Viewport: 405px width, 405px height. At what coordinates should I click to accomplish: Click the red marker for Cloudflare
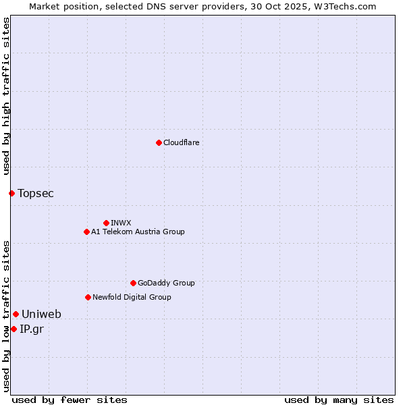click(x=159, y=142)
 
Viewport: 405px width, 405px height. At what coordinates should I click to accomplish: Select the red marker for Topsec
click(x=11, y=193)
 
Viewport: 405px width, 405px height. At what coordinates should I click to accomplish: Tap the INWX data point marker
click(x=106, y=223)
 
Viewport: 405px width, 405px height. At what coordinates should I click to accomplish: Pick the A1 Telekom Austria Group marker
click(x=86, y=232)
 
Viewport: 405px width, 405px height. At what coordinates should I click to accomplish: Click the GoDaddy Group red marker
click(x=133, y=283)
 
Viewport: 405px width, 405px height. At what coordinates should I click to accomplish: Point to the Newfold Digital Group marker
click(x=88, y=297)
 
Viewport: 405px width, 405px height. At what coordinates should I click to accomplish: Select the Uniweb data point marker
click(x=16, y=314)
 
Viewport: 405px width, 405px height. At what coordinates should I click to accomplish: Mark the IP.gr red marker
click(x=13, y=329)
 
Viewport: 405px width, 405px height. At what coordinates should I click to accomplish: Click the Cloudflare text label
click(x=181, y=142)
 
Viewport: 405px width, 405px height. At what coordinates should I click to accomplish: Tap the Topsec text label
click(x=36, y=193)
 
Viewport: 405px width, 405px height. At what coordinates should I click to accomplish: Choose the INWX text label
click(x=121, y=223)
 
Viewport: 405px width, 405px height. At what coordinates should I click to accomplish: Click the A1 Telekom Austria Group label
click(x=138, y=232)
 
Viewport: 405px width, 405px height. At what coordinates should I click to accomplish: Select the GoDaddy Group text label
click(x=166, y=283)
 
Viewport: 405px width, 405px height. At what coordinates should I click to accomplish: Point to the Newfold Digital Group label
click(x=132, y=297)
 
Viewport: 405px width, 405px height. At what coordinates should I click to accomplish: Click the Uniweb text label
click(x=41, y=314)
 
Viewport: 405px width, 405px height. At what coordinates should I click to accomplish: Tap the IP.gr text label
click(x=32, y=329)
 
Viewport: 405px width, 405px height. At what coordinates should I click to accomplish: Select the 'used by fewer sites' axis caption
click(x=70, y=400)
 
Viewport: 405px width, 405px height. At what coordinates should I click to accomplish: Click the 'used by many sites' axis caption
click(x=339, y=400)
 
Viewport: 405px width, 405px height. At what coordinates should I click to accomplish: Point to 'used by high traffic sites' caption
click(x=6, y=97)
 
